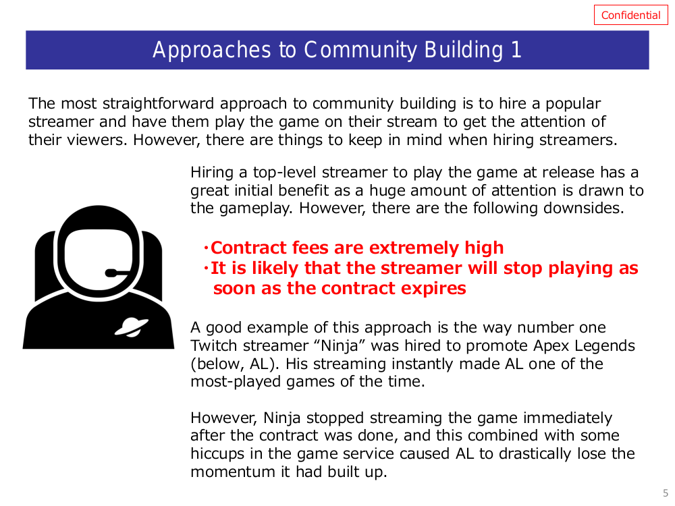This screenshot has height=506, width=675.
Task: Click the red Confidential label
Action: (630, 15)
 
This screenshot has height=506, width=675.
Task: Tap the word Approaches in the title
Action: (212, 51)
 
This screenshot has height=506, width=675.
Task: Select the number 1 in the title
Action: (516, 49)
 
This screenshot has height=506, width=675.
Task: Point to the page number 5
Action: (666, 493)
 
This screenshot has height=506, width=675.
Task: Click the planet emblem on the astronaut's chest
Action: (132, 327)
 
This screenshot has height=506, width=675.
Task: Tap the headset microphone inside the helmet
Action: (117, 273)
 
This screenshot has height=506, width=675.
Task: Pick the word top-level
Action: (285, 173)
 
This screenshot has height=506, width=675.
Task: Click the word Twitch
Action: (213, 345)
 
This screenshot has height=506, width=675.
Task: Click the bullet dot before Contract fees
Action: (206, 248)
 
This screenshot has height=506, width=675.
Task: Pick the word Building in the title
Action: (464, 51)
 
